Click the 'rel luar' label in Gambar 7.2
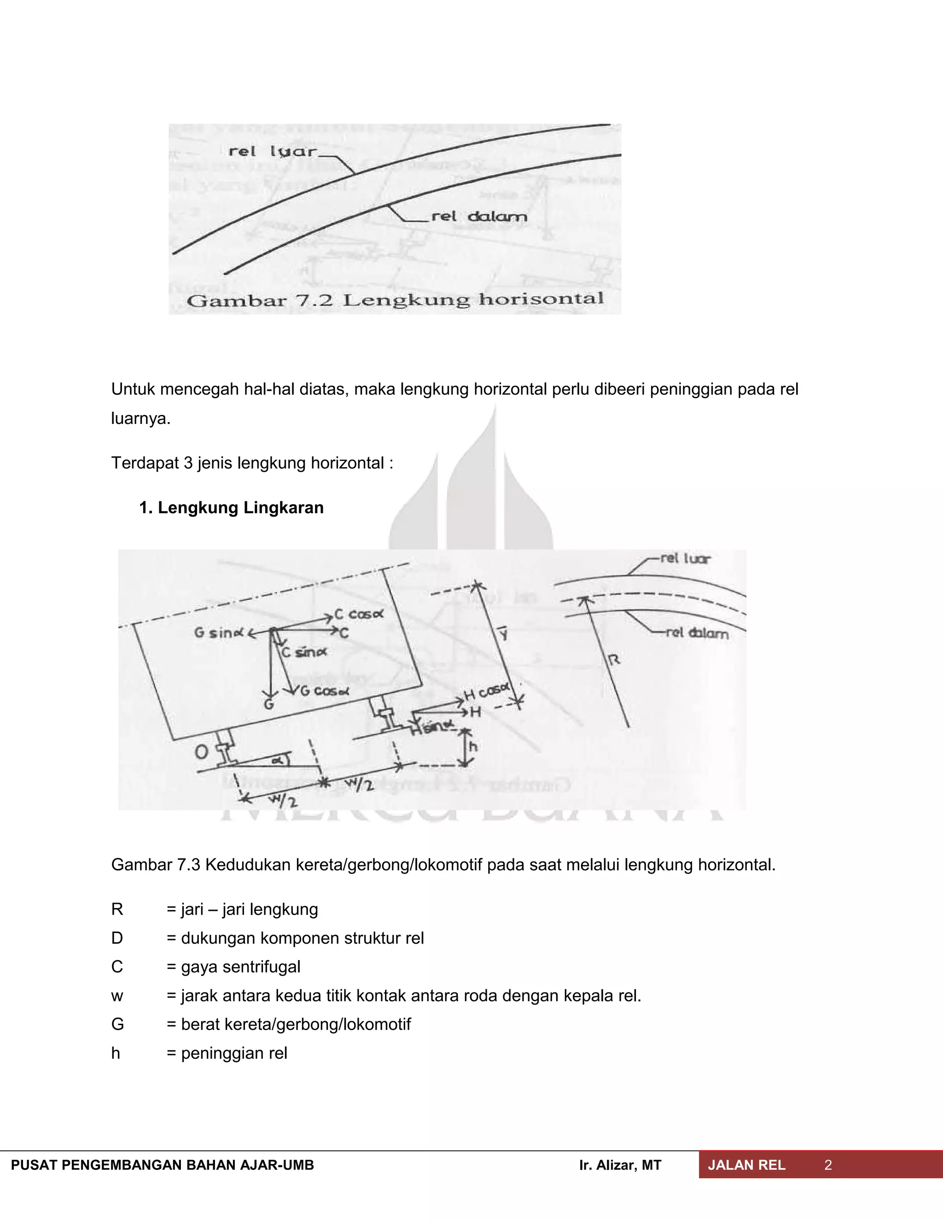coord(272,152)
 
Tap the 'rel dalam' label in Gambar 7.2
coord(479,217)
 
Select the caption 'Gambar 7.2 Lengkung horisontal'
coord(395,300)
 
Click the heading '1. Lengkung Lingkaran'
coord(231,508)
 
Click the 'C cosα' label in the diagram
coord(359,614)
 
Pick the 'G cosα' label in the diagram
coord(325,691)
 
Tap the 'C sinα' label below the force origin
coord(304,652)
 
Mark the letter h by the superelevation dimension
coord(472,747)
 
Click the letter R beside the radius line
coord(613,660)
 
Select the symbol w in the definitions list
coord(117,996)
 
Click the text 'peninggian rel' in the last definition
coord(234,1053)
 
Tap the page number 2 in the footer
coord(828,1165)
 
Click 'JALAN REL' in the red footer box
coord(746,1165)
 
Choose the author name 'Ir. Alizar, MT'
coord(620,1165)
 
